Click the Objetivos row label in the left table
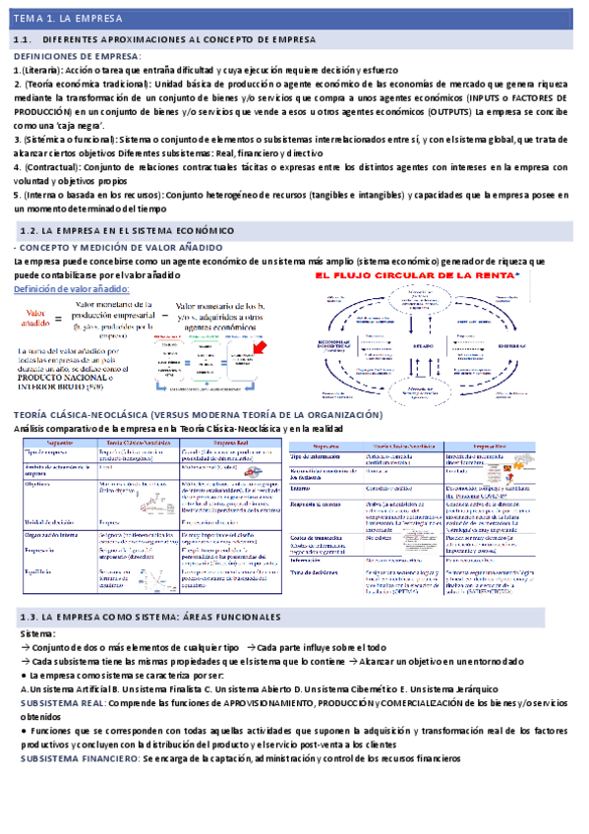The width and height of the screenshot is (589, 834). pos(35,484)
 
